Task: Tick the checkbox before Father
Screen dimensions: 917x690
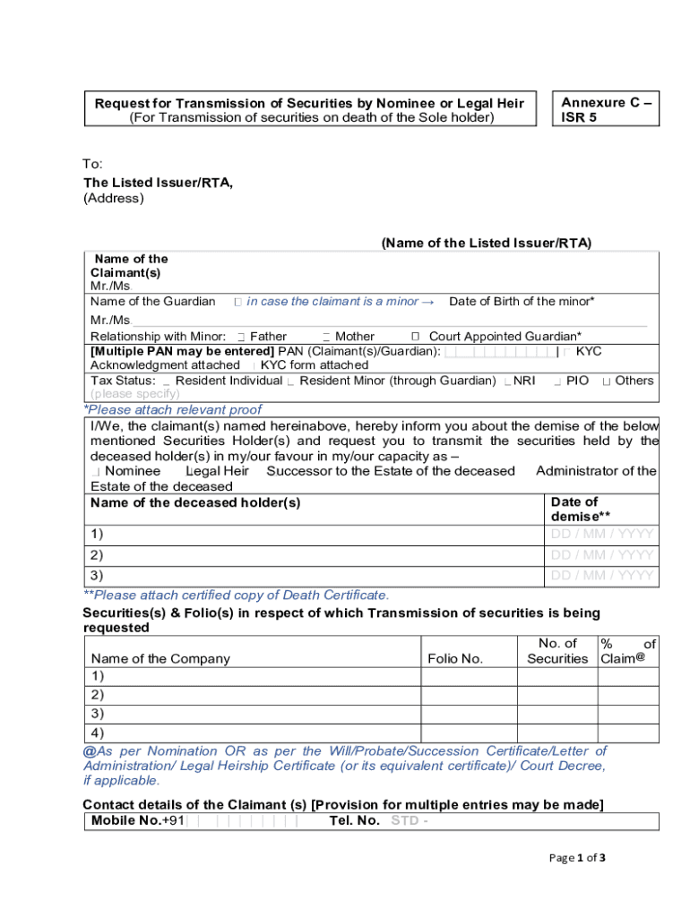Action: [x=241, y=337]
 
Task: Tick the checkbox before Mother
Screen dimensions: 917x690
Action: [x=326, y=337]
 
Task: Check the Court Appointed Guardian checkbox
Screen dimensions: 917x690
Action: [x=416, y=336]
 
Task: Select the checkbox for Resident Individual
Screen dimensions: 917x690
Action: [x=167, y=381]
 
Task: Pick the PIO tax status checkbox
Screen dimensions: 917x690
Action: [x=557, y=381]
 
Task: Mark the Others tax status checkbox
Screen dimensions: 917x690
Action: [x=607, y=381]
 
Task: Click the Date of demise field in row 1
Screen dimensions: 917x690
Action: [x=601, y=535]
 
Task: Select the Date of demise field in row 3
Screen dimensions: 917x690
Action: [x=601, y=576]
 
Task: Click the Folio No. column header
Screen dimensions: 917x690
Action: [x=455, y=659]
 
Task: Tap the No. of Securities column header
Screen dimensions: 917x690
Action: [x=556, y=651]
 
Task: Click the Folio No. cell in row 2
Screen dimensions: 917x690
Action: [x=469, y=695]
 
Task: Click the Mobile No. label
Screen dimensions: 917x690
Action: [x=126, y=821]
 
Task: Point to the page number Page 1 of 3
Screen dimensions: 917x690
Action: [x=578, y=858]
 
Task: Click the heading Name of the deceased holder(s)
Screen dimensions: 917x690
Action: [x=195, y=503]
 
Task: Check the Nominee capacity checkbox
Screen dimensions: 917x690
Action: [x=95, y=472]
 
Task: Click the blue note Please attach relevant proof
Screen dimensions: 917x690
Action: [x=172, y=410]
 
